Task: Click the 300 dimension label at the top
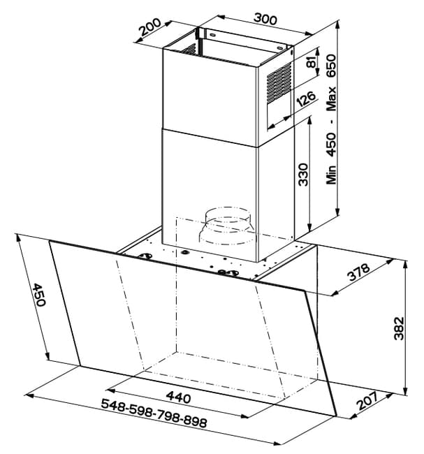click(265, 19)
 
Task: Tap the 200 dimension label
click(149, 27)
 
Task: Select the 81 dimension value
click(312, 62)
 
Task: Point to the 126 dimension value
click(306, 98)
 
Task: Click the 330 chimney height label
click(303, 175)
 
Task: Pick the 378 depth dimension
click(359, 272)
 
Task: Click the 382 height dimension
click(399, 328)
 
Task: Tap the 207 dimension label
click(367, 400)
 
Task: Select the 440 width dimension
click(178, 397)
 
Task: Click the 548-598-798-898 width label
click(154, 413)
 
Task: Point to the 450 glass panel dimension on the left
click(39, 295)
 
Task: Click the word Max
click(331, 98)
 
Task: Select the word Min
click(331, 175)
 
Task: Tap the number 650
click(331, 66)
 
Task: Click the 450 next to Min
click(331, 144)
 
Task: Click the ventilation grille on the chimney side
click(279, 82)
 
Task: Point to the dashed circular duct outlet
click(227, 226)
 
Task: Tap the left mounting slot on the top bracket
click(212, 36)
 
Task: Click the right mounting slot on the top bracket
click(279, 48)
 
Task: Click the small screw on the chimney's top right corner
click(291, 52)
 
